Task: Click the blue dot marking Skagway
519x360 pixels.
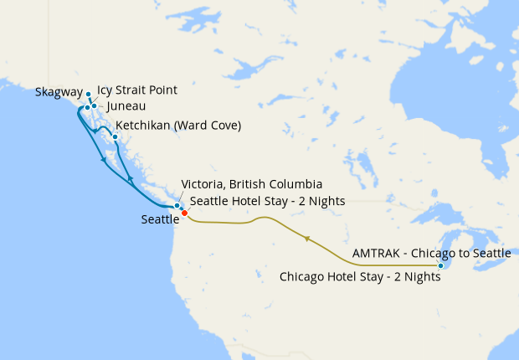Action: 88,95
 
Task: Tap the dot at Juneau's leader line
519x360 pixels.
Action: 95,106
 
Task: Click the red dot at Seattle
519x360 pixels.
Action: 184,213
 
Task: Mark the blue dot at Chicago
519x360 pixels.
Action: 441,266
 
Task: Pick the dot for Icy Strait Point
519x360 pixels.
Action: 87,108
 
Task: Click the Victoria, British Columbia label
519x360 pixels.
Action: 252,184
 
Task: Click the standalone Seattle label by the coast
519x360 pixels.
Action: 160,219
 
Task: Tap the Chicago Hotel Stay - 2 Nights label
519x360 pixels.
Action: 360,276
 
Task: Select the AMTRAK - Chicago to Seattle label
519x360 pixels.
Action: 432,252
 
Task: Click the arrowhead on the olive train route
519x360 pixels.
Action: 307,239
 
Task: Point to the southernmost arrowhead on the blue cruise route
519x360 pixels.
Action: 130,180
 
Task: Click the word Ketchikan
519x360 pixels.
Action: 142,126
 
